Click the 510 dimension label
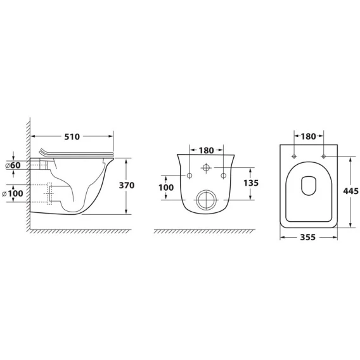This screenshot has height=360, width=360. tap(72, 137)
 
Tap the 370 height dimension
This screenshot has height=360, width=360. tap(127, 185)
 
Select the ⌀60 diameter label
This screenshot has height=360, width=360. tap(13, 165)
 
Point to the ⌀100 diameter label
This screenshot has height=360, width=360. tap(13, 193)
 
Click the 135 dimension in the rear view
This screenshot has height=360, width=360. tap(251, 183)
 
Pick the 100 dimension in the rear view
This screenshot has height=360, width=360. tap(166, 188)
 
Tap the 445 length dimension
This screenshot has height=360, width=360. tap(351, 191)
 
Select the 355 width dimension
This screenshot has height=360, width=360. tap(308, 237)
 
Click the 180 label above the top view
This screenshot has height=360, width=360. tap(308, 137)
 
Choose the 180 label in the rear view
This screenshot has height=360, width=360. tap(206, 151)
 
